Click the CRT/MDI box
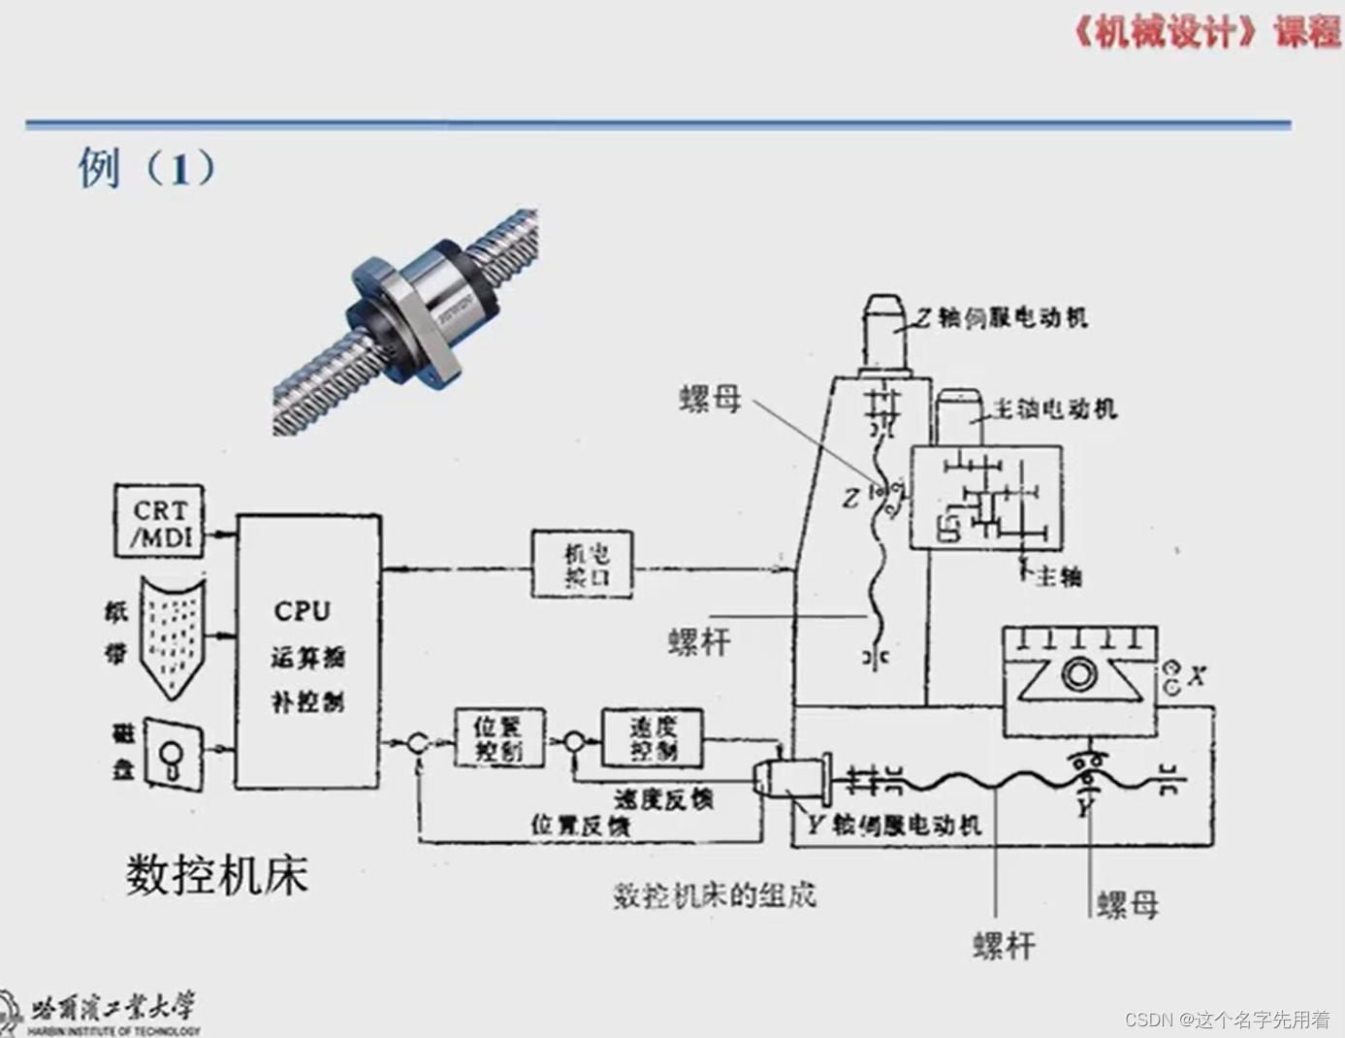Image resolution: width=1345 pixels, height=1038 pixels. pos(160,522)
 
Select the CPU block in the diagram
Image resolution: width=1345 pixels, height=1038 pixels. pos(307,651)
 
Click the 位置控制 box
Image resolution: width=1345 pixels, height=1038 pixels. pos(499,738)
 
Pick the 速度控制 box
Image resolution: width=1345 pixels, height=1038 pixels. pos(653,739)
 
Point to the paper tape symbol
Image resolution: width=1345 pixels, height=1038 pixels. pos(173,634)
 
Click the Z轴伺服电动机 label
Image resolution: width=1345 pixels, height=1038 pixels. pos(1002,317)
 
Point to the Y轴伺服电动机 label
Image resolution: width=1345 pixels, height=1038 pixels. pos(893,825)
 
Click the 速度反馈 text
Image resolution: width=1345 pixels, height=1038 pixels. pos(663,798)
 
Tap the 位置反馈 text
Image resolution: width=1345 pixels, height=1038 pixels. pos(580,825)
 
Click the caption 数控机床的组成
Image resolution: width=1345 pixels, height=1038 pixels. pos(714,894)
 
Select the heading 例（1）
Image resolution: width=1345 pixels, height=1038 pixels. pos(146,168)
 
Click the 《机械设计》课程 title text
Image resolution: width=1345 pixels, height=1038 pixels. pos(1205,32)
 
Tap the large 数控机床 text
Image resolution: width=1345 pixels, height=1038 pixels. pos(216,874)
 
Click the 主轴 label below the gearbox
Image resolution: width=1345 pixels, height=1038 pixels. pos(1058,577)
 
